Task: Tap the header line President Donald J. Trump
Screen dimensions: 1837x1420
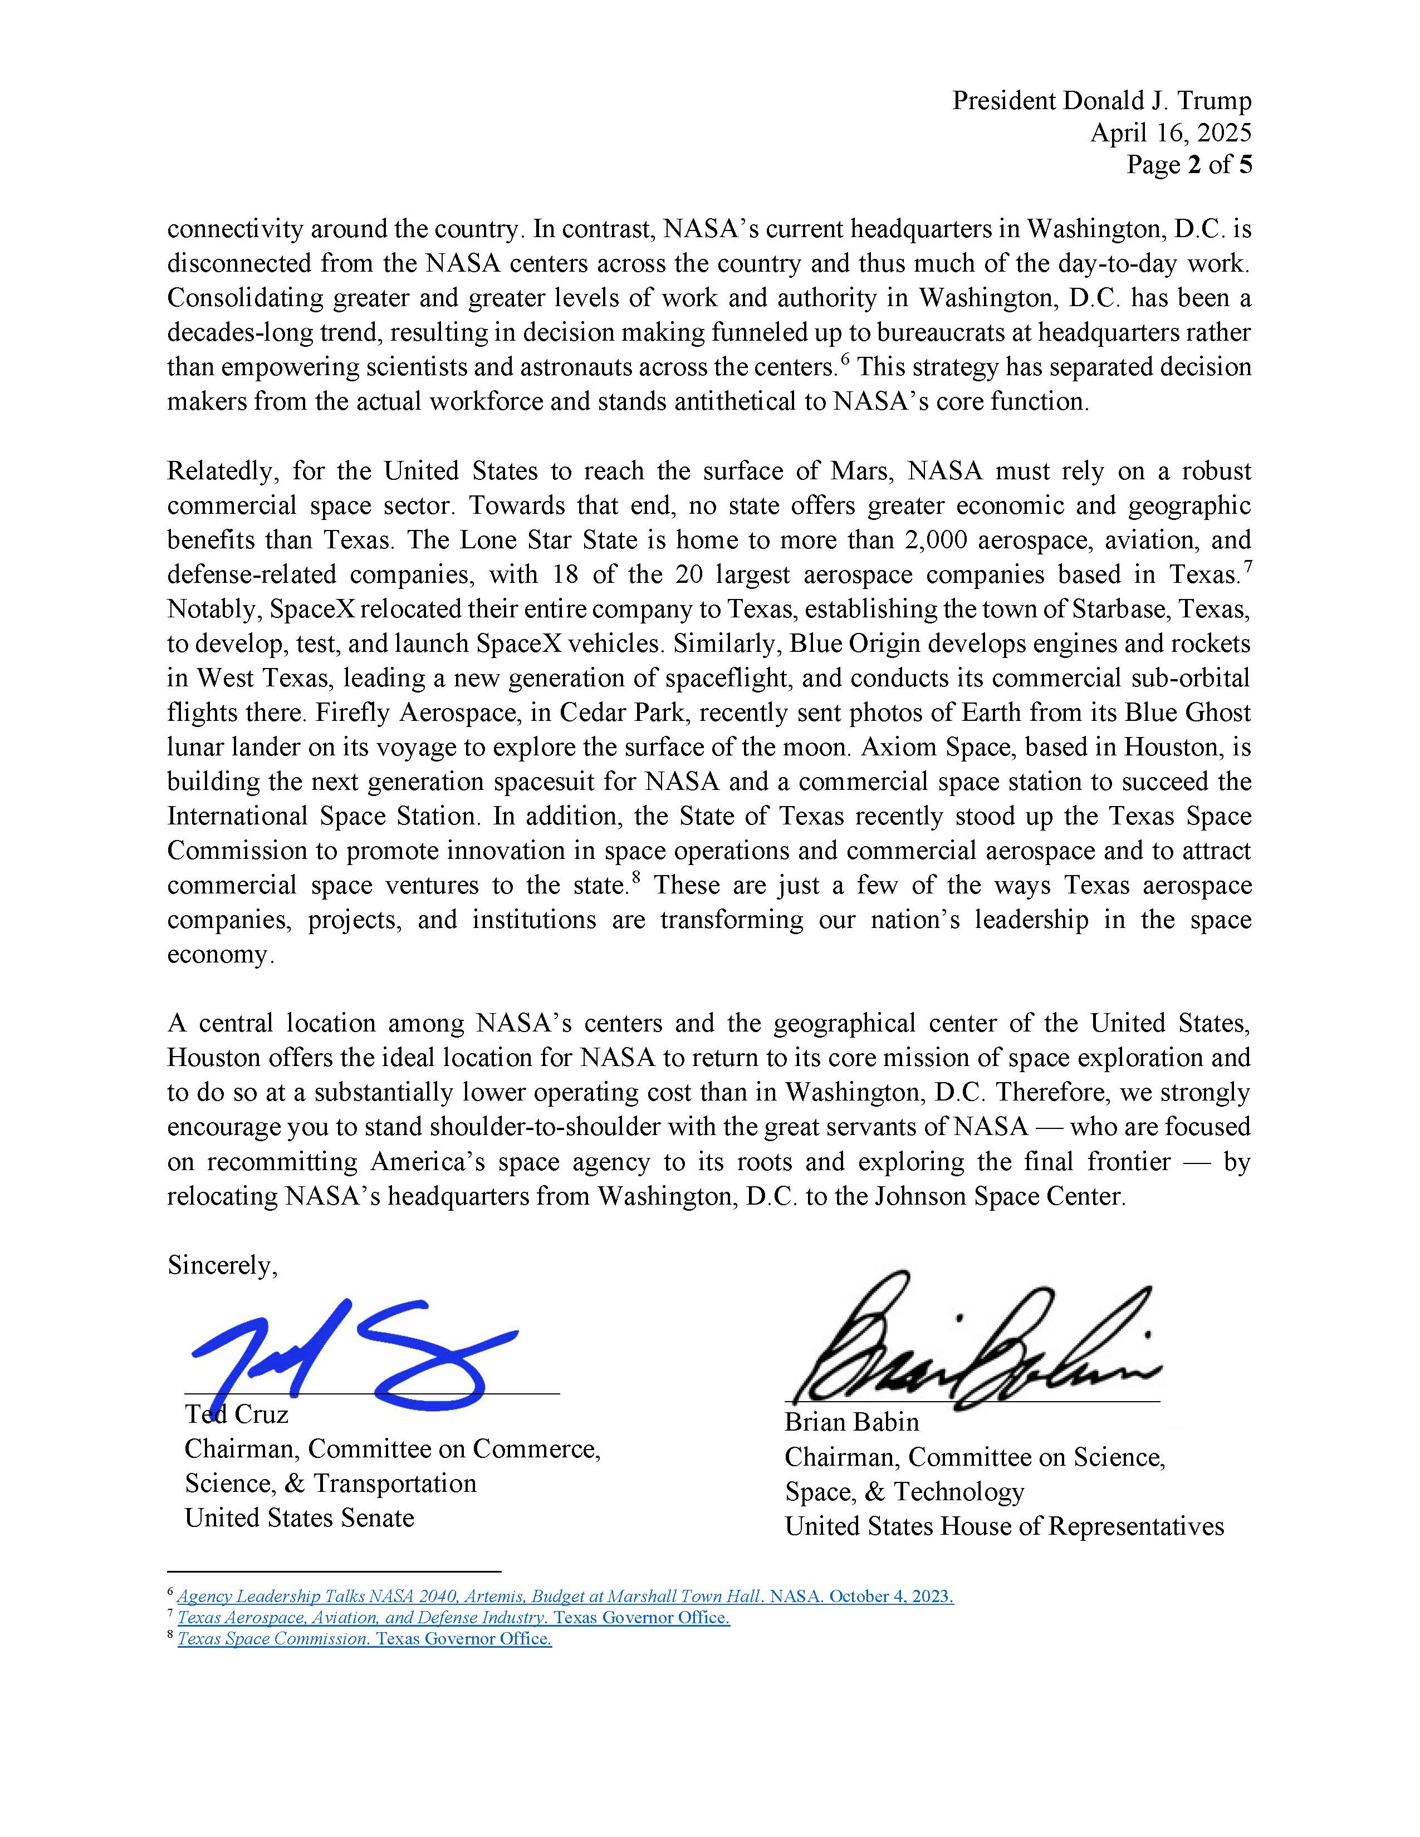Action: pos(1101,100)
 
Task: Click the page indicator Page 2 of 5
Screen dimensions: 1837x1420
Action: pos(1189,164)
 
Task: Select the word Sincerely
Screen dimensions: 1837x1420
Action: pos(221,1265)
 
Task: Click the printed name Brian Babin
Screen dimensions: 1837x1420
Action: pos(851,1422)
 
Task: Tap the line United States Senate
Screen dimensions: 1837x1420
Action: pos(300,1517)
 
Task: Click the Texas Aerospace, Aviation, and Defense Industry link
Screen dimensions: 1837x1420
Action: pos(363,1618)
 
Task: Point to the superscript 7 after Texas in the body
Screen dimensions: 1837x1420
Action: pos(1247,566)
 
